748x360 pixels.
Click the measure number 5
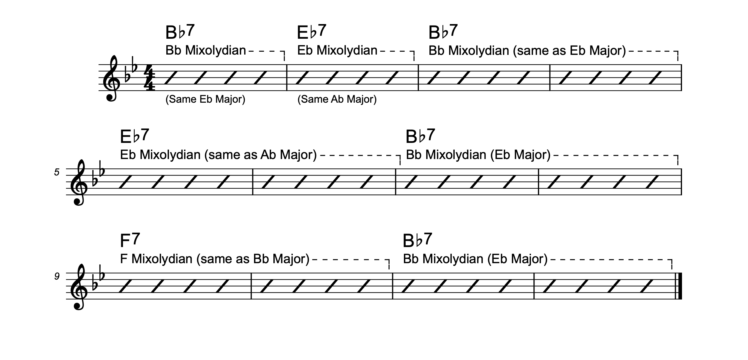57,172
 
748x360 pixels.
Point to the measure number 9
57,276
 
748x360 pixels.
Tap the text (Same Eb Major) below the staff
205,99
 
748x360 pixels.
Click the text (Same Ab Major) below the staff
337,99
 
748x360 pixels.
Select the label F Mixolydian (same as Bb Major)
214,259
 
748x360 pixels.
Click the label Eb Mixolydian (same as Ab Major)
218,155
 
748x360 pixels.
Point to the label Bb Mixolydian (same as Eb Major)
527,51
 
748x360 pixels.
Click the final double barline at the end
679,286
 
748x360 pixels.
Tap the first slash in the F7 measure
126,286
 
